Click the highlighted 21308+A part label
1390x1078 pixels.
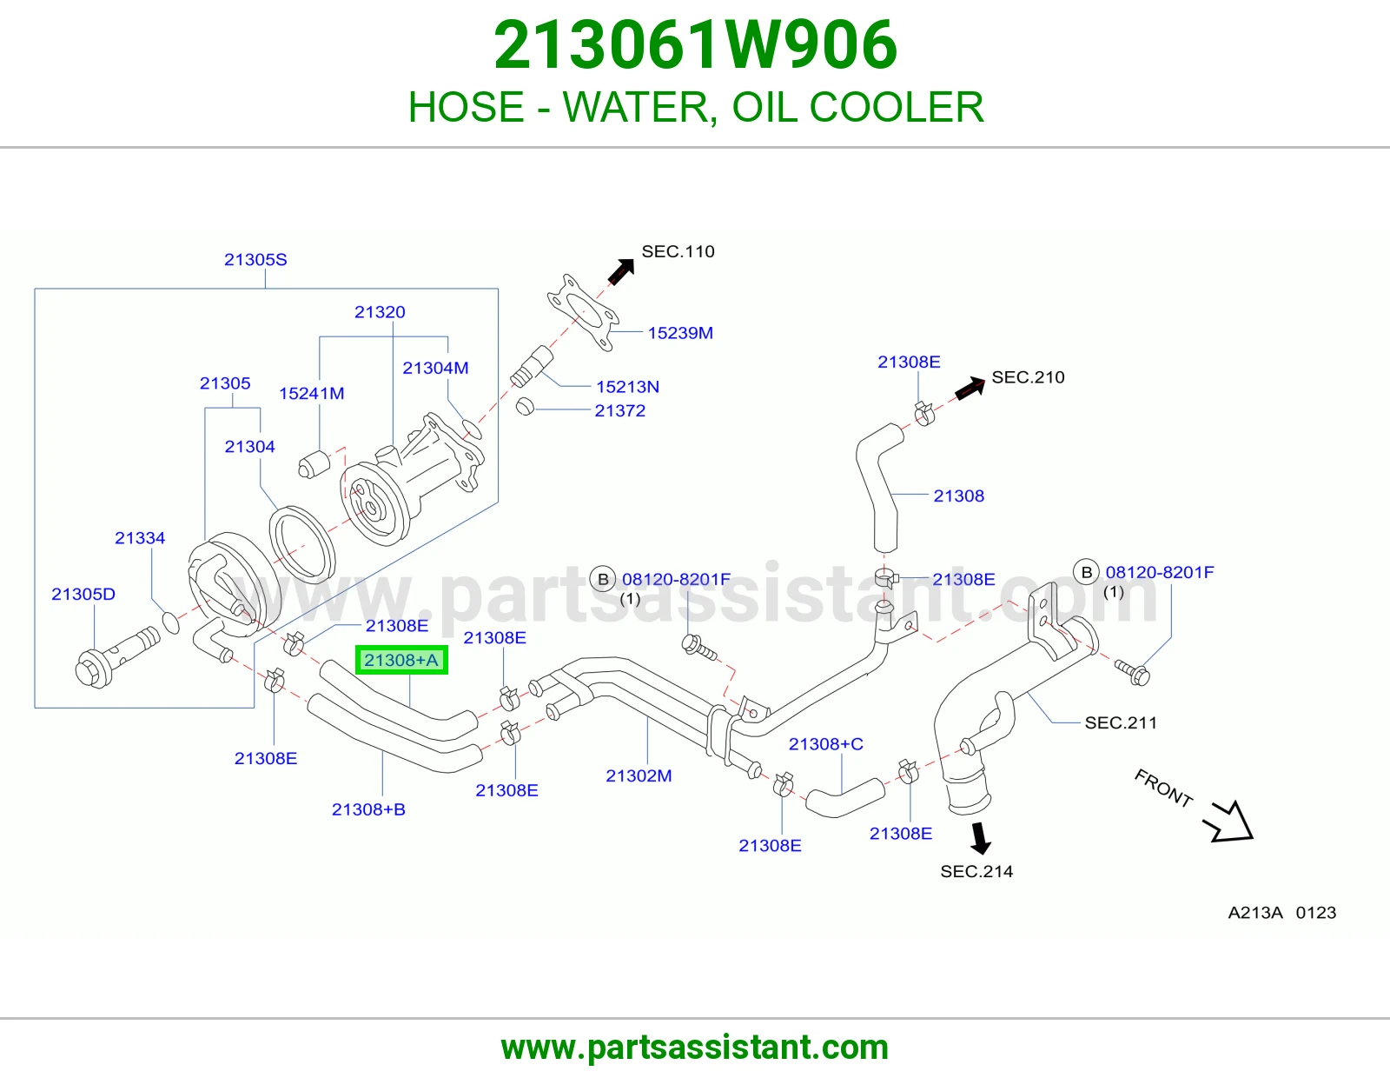tap(401, 660)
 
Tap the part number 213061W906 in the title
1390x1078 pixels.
tap(695, 45)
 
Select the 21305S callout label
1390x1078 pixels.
tap(255, 259)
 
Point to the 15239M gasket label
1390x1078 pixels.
tap(680, 333)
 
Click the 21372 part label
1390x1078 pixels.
tap(619, 410)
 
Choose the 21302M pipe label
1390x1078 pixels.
tap(639, 775)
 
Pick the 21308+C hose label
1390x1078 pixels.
tap(826, 744)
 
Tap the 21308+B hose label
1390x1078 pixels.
tap(368, 809)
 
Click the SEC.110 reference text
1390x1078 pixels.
tap(678, 251)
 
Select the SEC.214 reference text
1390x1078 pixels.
tap(976, 871)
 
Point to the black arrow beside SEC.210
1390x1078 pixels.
tap(970, 387)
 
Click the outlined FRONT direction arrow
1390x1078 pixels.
tap(1229, 822)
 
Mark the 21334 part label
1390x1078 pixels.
tap(140, 538)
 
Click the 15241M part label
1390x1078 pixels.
tap(312, 393)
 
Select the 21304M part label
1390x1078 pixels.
tap(435, 368)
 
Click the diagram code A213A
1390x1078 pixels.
tap(1255, 912)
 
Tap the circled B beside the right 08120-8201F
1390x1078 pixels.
tap(1086, 572)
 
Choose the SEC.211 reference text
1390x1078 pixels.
tap(1121, 722)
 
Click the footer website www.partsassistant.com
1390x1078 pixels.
tap(695, 1048)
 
